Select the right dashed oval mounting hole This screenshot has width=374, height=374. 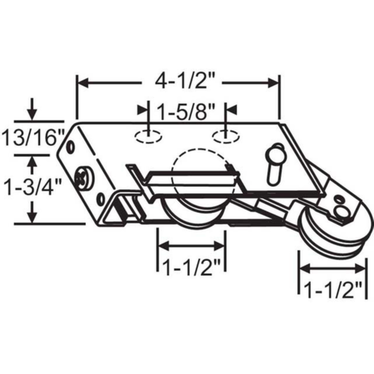225,136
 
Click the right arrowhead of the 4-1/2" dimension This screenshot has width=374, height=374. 273,83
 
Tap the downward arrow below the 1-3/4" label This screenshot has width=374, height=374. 32,215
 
